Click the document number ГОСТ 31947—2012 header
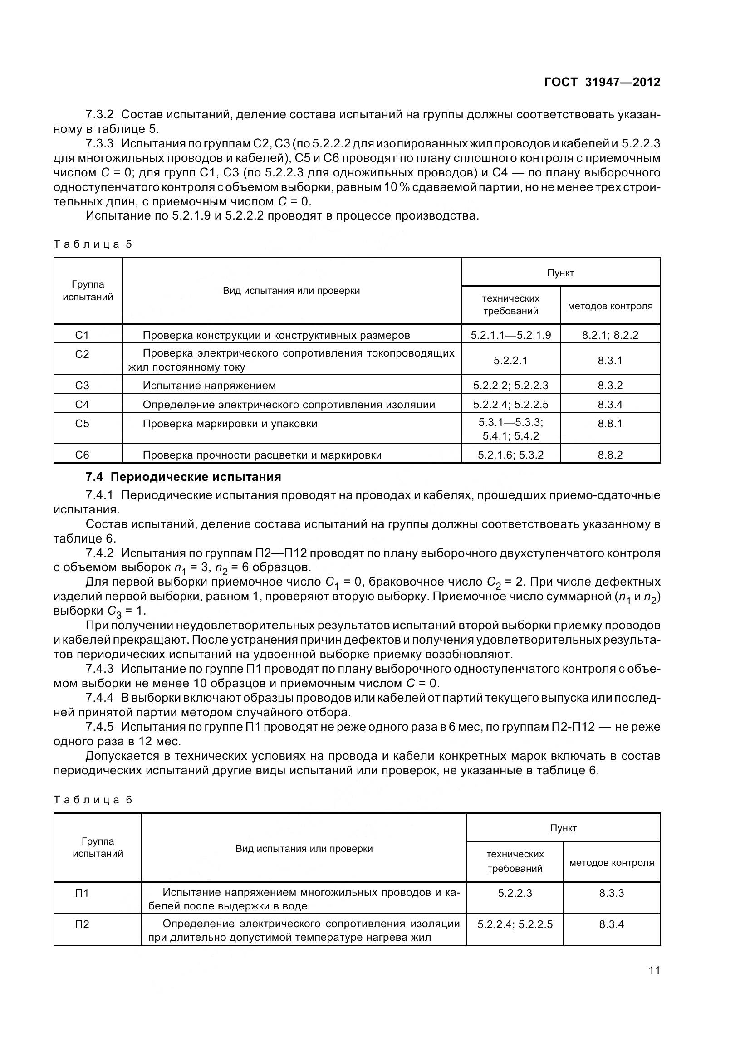[602, 83]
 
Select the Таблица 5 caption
[93, 244]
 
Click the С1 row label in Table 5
[82, 335]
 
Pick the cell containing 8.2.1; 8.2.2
[610, 335]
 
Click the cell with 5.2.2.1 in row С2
[510, 361]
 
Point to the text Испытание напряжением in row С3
[209, 386]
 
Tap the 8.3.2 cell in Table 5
[610, 386]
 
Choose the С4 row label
[82, 404]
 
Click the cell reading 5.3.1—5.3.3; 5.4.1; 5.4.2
[510, 429]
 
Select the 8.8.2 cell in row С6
[610, 455]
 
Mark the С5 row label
[82, 424]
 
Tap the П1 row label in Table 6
[82, 893]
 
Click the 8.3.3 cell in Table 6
[611, 893]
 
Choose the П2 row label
[82, 924]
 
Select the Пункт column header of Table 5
[560, 273]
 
